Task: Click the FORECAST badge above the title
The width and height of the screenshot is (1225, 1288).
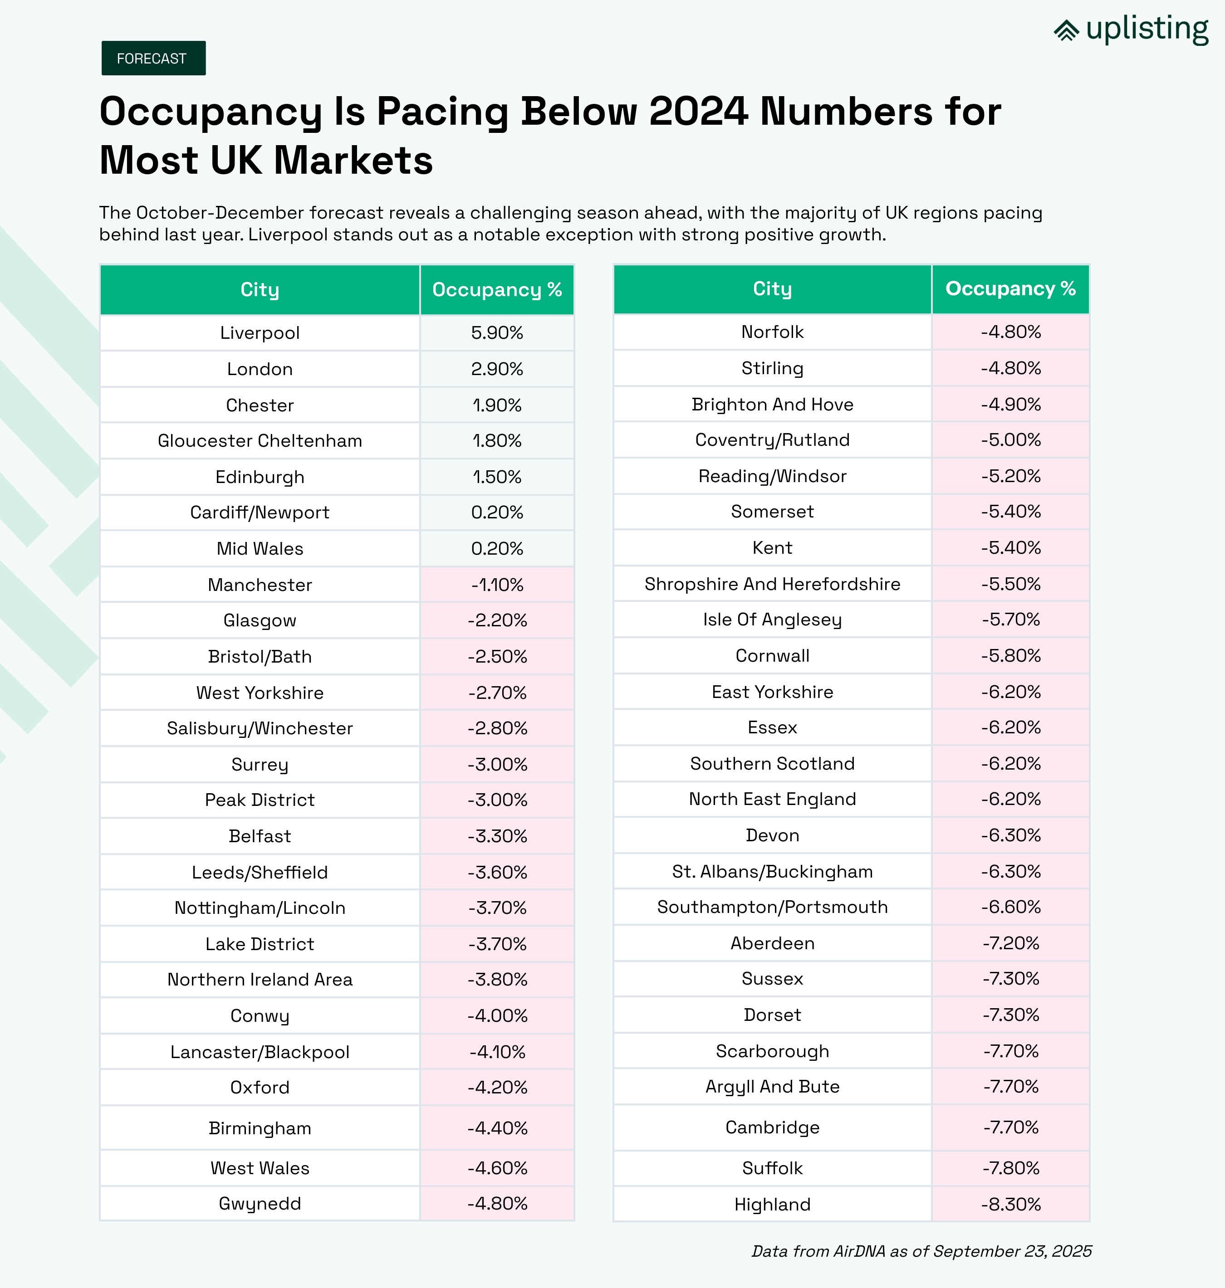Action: click(x=153, y=58)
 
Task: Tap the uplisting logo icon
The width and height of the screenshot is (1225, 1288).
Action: click(x=1066, y=30)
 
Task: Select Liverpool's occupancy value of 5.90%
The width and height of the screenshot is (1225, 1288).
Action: click(x=497, y=333)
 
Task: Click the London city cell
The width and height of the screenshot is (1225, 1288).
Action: click(x=260, y=369)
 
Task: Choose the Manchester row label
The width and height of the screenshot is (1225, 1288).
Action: click(x=260, y=585)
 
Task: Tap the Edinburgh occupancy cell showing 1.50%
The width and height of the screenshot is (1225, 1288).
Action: click(x=497, y=477)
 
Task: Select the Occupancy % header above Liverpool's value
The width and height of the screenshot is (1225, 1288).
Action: click(x=497, y=290)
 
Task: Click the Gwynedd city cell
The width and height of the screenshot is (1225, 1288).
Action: click(x=260, y=1204)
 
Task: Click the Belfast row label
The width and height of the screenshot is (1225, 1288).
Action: click(x=260, y=836)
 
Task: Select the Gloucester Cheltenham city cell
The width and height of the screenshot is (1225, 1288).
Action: click(x=260, y=441)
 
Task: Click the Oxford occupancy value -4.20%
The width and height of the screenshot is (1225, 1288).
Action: click(x=497, y=1088)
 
